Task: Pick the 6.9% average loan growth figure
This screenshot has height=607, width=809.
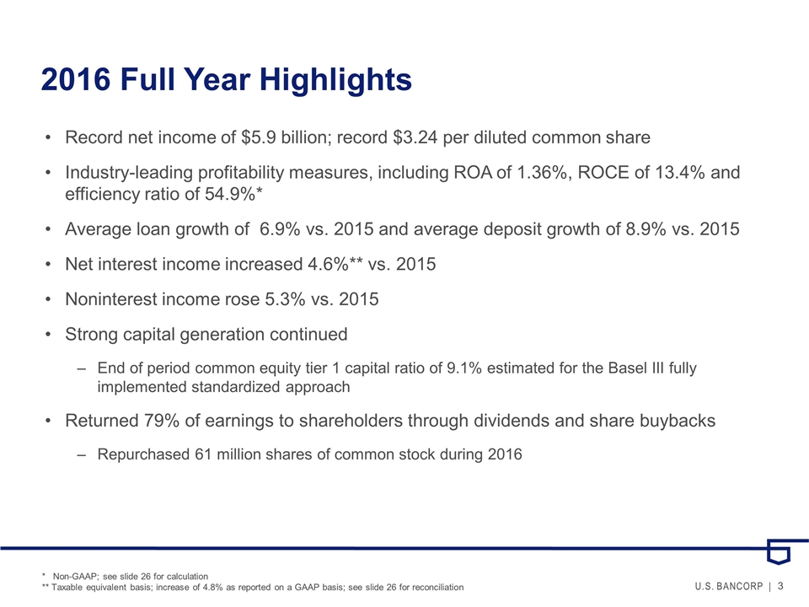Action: [x=281, y=229]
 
